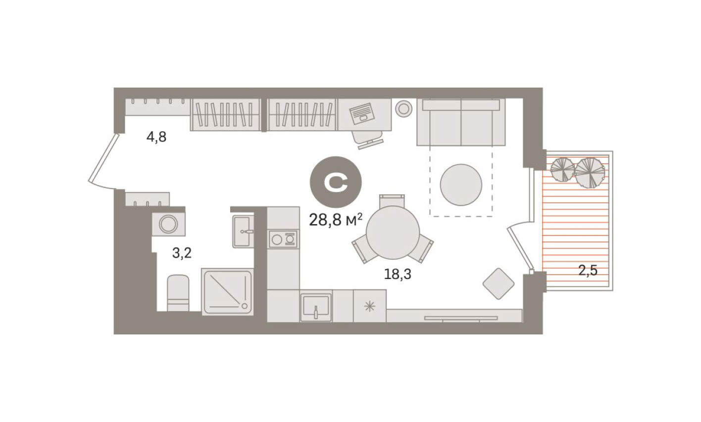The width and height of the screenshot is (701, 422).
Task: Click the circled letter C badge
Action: pos(336,182)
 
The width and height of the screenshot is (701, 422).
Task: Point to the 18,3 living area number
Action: pos(398,274)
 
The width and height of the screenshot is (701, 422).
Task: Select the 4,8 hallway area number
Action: pos(156,137)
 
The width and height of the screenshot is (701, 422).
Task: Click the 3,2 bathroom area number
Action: pos(181,253)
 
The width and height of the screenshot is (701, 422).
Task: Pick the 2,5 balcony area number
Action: pos(588,271)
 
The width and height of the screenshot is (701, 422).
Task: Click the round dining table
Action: pos(393,233)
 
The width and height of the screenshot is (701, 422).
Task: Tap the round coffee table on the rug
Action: pos(461,185)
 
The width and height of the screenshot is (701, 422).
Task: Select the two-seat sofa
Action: pos(461,122)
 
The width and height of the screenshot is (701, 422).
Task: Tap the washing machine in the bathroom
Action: pos(168,224)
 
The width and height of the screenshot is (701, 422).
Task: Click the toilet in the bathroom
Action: pos(178,293)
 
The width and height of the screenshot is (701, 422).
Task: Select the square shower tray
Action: pos(227,291)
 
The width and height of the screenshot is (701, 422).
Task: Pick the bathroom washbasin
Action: pos(243,231)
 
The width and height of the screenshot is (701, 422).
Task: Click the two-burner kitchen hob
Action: pos(284,239)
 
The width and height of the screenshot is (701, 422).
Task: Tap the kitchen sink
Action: pos(316,307)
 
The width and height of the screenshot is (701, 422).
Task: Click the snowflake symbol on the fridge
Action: pos(369,306)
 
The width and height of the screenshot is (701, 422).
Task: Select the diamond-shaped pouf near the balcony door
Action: pos(499,283)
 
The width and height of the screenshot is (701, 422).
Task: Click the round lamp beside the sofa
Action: pos(404,108)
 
